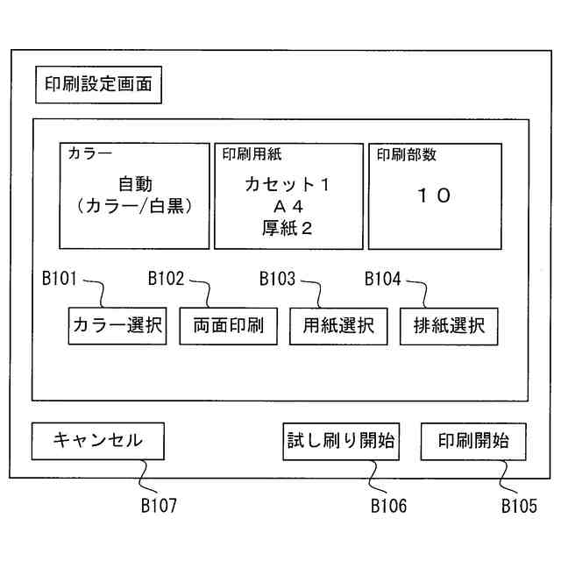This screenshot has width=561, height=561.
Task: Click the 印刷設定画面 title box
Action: tap(98, 84)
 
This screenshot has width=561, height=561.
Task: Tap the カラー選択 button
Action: tap(117, 326)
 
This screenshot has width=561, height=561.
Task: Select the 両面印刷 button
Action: tap(228, 326)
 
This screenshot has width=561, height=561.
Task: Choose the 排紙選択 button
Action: tap(449, 326)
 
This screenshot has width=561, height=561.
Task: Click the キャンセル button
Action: tap(97, 441)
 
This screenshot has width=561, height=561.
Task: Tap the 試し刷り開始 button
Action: tap(341, 441)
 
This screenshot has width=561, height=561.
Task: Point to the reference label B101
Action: tap(61, 280)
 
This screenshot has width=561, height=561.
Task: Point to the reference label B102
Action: tap(167, 280)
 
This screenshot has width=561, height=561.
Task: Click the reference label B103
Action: tap(277, 280)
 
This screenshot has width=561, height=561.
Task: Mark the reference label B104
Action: tap(383, 280)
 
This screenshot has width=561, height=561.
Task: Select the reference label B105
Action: tap(519, 506)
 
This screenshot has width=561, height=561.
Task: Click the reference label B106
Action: tap(388, 506)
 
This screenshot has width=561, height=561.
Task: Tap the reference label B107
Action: tap(159, 506)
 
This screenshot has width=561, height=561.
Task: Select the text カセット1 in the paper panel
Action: tap(288, 185)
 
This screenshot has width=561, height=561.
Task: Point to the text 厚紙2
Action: tap(288, 228)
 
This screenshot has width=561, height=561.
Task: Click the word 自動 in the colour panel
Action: tap(135, 185)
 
